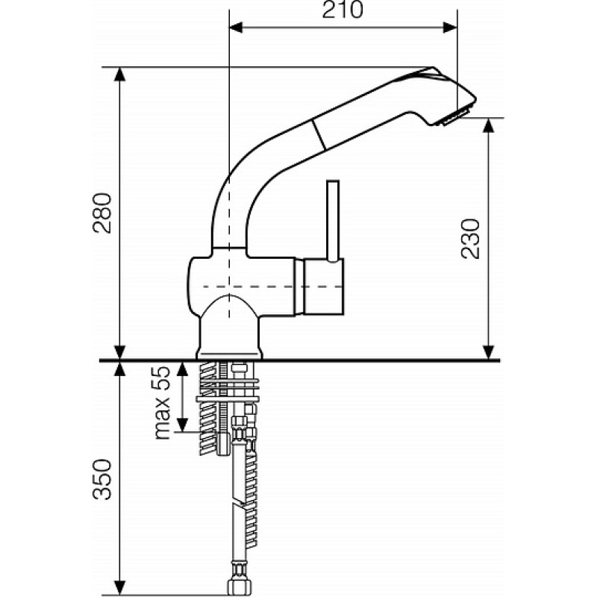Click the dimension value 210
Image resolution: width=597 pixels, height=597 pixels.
click(x=343, y=10)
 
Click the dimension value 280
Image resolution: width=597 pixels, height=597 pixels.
click(x=102, y=213)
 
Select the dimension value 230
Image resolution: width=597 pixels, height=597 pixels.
click(x=470, y=239)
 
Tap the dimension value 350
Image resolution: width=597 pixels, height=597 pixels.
click(x=102, y=479)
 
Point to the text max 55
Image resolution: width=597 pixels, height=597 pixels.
click(x=161, y=403)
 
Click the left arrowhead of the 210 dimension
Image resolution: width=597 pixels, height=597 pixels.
click(x=236, y=28)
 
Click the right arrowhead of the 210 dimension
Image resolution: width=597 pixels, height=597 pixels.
click(x=450, y=28)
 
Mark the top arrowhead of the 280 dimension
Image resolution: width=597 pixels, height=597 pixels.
click(x=120, y=74)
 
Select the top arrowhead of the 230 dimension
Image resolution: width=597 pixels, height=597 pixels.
click(x=489, y=125)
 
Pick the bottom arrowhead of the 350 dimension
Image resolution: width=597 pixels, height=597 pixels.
click(x=120, y=587)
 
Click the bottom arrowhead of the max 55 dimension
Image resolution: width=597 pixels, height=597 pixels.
click(x=183, y=425)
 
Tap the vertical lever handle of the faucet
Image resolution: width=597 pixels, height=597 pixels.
click(x=333, y=221)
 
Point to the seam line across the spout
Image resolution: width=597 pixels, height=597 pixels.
click(x=319, y=134)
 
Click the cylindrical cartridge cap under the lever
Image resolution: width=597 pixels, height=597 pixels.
click(x=323, y=287)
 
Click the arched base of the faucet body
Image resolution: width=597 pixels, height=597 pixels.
click(x=229, y=328)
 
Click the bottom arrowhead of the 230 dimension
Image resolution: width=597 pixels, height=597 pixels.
click(x=489, y=352)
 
